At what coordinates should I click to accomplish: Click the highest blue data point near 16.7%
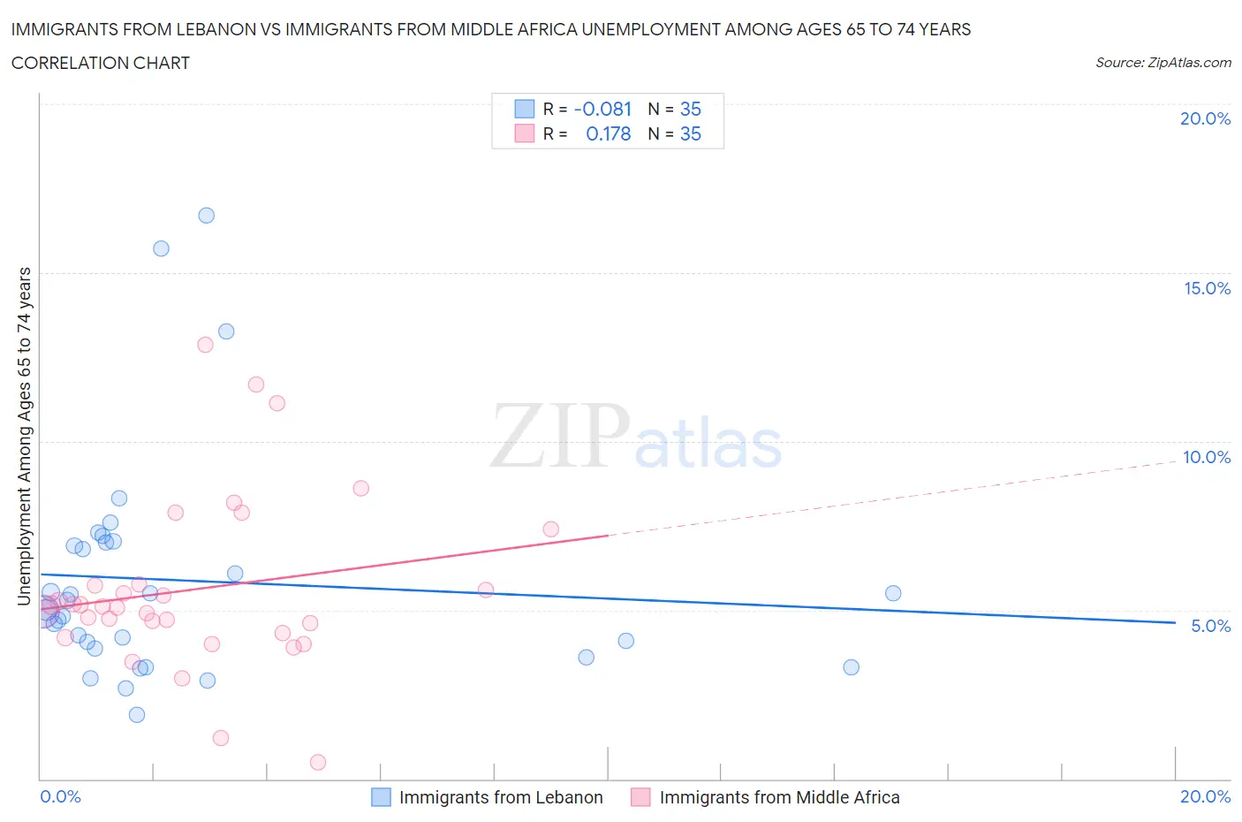click(206, 216)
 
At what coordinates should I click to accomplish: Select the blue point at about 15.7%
click(161, 248)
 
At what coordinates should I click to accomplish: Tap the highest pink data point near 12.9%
click(205, 345)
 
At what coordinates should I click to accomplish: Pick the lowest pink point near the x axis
click(318, 762)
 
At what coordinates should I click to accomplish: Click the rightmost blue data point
click(893, 593)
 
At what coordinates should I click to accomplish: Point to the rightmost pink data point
click(550, 529)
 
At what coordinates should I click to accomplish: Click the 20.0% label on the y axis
click(1205, 118)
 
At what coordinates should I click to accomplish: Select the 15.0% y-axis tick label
click(1207, 288)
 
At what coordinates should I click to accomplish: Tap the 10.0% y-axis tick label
click(1207, 457)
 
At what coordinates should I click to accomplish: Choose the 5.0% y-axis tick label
click(1210, 626)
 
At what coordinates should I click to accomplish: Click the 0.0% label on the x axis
click(60, 796)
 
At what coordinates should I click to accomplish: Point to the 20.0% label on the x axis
click(1205, 796)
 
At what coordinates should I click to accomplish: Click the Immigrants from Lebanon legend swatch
click(381, 797)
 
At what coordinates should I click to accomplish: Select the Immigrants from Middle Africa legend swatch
click(640, 797)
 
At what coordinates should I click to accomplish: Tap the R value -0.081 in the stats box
click(602, 110)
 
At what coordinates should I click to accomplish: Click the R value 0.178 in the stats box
click(608, 134)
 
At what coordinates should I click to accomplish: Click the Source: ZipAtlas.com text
click(1162, 63)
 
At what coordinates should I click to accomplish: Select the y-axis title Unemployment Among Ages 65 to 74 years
click(25, 437)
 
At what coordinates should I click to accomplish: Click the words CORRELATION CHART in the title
click(101, 63)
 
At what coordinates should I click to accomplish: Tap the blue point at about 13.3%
click(226, 331)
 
